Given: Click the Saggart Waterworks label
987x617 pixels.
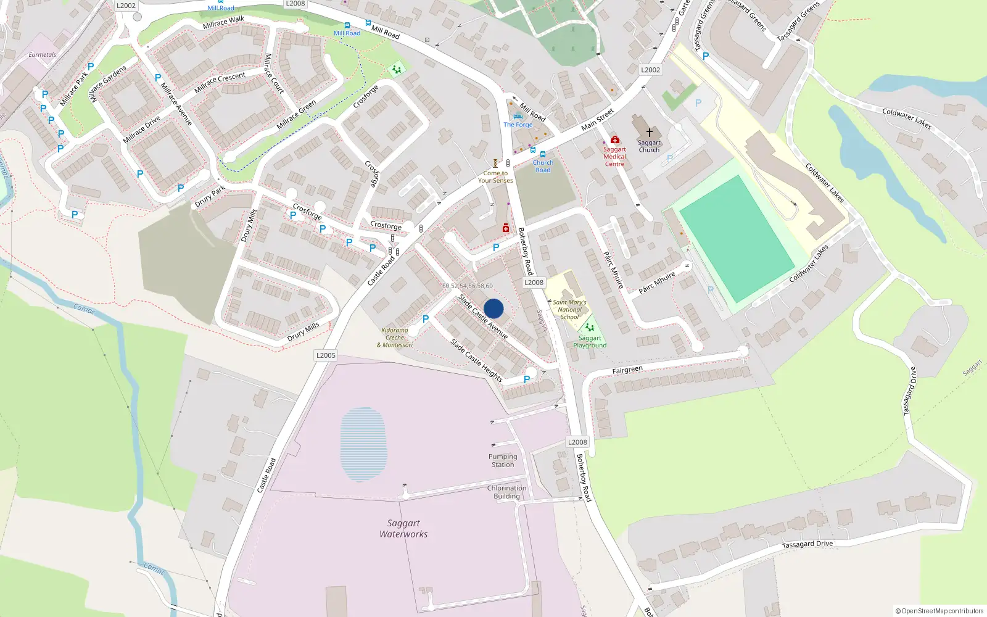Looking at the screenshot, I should pos(403,529).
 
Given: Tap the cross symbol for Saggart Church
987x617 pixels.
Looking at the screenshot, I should pos(649,133).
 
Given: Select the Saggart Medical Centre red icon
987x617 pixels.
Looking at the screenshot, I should pos(614,140).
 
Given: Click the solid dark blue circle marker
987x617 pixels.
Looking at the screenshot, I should pos(493,308).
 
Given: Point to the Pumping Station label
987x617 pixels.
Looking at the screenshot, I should pos(503,461).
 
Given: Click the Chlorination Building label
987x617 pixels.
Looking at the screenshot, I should pos(506,492).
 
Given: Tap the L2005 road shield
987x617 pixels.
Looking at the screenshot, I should pos(326,355).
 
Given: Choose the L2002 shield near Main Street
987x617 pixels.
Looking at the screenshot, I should pos(650,70).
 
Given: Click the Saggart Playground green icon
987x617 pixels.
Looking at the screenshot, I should pos(590,328).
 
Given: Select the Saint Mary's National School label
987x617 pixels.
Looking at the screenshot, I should pos(569,310).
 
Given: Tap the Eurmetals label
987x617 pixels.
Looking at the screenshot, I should pos(42,55).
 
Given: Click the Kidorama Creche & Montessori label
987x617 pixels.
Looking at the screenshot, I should pos(395,337).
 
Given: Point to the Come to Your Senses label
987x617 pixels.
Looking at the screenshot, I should pos(495,177).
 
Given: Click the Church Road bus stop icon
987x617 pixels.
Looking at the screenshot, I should pos(543,154).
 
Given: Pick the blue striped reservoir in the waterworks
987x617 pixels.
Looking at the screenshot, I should pos(364,444).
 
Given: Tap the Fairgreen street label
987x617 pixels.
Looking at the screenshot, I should pos(627,370).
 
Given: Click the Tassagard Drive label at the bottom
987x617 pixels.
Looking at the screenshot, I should pos(807,544).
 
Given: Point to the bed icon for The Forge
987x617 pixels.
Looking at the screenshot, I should pos(518,117).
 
